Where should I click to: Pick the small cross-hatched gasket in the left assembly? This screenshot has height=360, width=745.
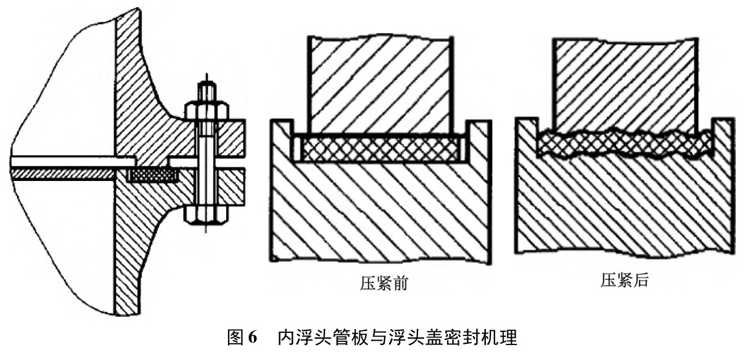click(x=152, y=175)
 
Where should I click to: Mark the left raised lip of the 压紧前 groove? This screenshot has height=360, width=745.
click(x=282, y=139)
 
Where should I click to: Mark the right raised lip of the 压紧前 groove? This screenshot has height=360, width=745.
click(x=477, y=139)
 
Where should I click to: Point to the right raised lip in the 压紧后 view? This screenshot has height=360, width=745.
click(x=722, y=136)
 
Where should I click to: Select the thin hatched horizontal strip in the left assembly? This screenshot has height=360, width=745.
click(x=61, y=173)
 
